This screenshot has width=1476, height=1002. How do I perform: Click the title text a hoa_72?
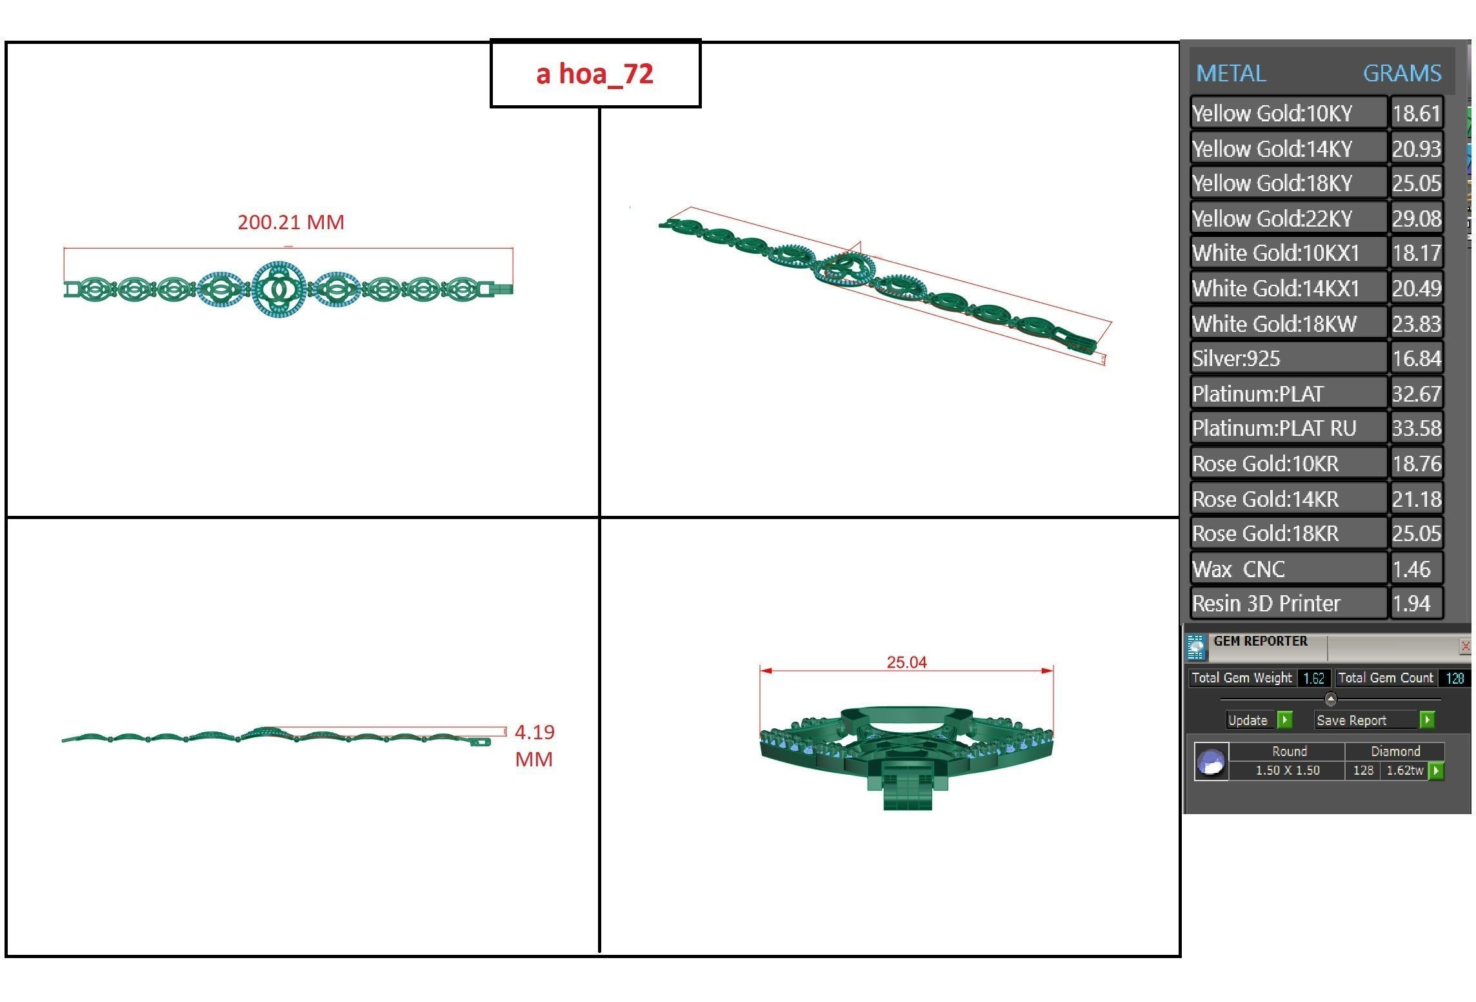[x=594, y=74]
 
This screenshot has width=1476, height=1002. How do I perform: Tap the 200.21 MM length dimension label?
[x=290, y=222]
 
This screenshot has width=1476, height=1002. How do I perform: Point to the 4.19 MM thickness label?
[x=534, y=745]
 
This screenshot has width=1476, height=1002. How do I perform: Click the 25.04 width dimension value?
[x=906, y=662]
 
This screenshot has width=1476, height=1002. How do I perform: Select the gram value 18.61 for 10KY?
[x=1416, y=114]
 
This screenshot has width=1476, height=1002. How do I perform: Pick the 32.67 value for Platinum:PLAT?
[x=1416, y=394]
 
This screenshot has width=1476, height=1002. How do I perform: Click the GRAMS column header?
[x=1402, y=73]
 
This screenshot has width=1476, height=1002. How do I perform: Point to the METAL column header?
[x=1230, y=73]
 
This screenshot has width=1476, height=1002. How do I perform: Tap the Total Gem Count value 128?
[x=1454, y=679]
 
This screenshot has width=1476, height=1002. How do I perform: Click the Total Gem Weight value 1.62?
[x=1313, y=679]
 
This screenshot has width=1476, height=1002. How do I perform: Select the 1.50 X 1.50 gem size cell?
[x=1287, y=771]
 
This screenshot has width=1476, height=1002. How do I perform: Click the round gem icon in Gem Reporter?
[x=1211, y=762]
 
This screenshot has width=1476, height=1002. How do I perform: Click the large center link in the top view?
[x=279, y=289]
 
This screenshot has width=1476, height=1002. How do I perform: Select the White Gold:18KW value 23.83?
[x=1416, y=323]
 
